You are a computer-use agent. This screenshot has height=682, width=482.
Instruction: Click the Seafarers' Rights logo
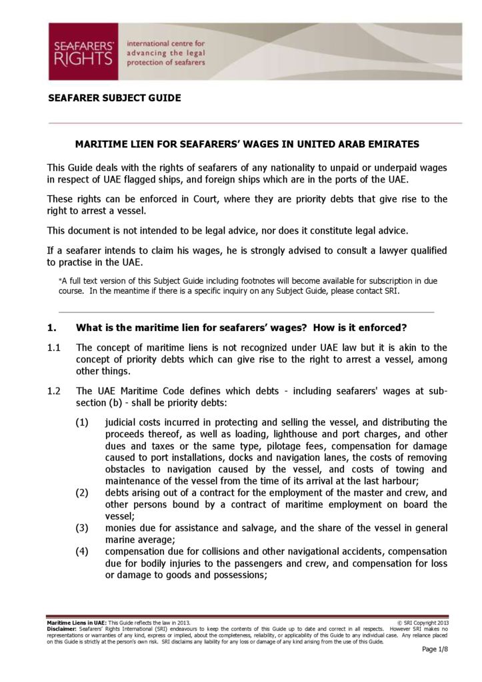click(83, 52)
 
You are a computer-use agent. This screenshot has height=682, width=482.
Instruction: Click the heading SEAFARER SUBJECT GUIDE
click(115, 98)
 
